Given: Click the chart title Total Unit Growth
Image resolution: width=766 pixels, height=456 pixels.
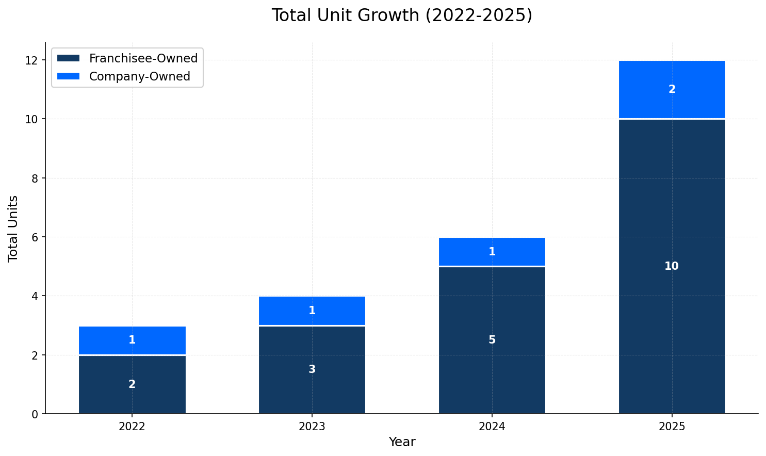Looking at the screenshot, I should pyautogui.click(x=401, y=15).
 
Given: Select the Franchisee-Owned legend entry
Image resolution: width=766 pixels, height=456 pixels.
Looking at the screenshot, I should pyautogui.click(x=143, y=58).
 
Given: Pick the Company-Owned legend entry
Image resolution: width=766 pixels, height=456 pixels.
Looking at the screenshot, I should pyautogui.click(x=139, y=76).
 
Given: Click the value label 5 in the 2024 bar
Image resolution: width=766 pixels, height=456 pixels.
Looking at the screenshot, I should pyautogui.click(x=492, y=340).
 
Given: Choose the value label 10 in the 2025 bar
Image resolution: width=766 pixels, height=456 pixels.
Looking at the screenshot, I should pyautogui.click(x=671, y=266).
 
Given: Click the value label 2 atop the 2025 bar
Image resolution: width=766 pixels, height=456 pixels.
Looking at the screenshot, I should pyautogui.click(x=672, y=89).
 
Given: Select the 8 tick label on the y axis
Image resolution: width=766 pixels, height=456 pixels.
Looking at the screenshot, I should pyautogui.click(x=35, y=178).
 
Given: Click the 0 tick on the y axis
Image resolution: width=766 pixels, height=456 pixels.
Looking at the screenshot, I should pyautogui.click(x=35, y=414).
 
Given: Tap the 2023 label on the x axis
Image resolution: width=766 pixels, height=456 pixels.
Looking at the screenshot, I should pyautogui.click(x=312, y=427).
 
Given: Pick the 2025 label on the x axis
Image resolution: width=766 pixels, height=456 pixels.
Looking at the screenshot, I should pyautogui.click(x=672, y=427).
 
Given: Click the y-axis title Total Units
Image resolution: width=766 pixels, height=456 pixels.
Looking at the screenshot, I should pyautogui.click(x=13, y=228).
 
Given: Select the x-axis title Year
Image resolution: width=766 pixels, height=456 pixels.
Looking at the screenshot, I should pyautogui.click(x=401, y=442).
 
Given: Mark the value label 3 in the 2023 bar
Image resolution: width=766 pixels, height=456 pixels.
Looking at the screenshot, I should pyautogui.click(x=312, y=369).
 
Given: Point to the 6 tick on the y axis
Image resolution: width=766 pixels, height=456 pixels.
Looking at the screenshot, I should pyautogui.click(x=35, y=237).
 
